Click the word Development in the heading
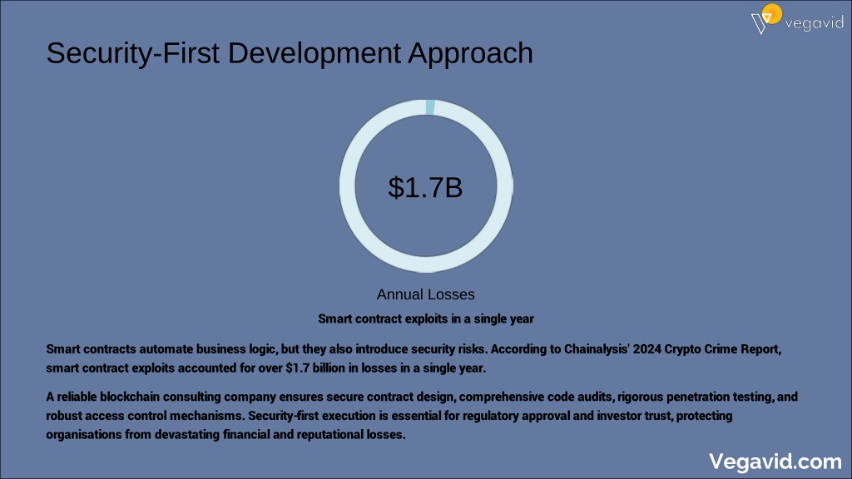click(314, 54)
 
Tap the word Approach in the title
click(471, 54)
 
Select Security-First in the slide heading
click(133, 54)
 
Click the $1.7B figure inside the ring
click(425, 187)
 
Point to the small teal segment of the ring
click(430, 107)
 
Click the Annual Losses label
click(426, 294)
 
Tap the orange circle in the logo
click(772, 13)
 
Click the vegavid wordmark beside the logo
click(814, 23)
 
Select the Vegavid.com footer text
click(775, 462)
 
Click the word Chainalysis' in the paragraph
click(597, 349)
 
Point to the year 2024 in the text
click(647, 349)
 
